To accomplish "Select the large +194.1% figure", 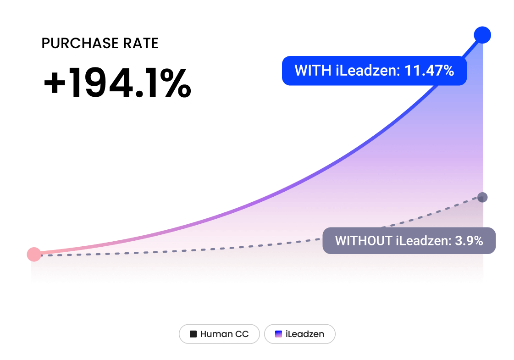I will [x=117, y=83].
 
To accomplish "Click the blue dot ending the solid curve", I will [x=482, y=34].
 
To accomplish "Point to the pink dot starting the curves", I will [x=34, y=254].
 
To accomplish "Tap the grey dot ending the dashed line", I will [x=482, y=197].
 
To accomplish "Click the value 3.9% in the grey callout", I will [x=469, y=241].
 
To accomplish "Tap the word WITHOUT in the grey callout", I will [x=364, y=241].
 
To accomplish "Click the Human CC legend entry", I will [x=219, y=334].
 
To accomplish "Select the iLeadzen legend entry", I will [x=300, y=334].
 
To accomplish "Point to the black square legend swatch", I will [x=193, y=334].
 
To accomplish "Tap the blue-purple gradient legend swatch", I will [x=278, y=334].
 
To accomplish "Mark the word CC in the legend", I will [x=242, y=334].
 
